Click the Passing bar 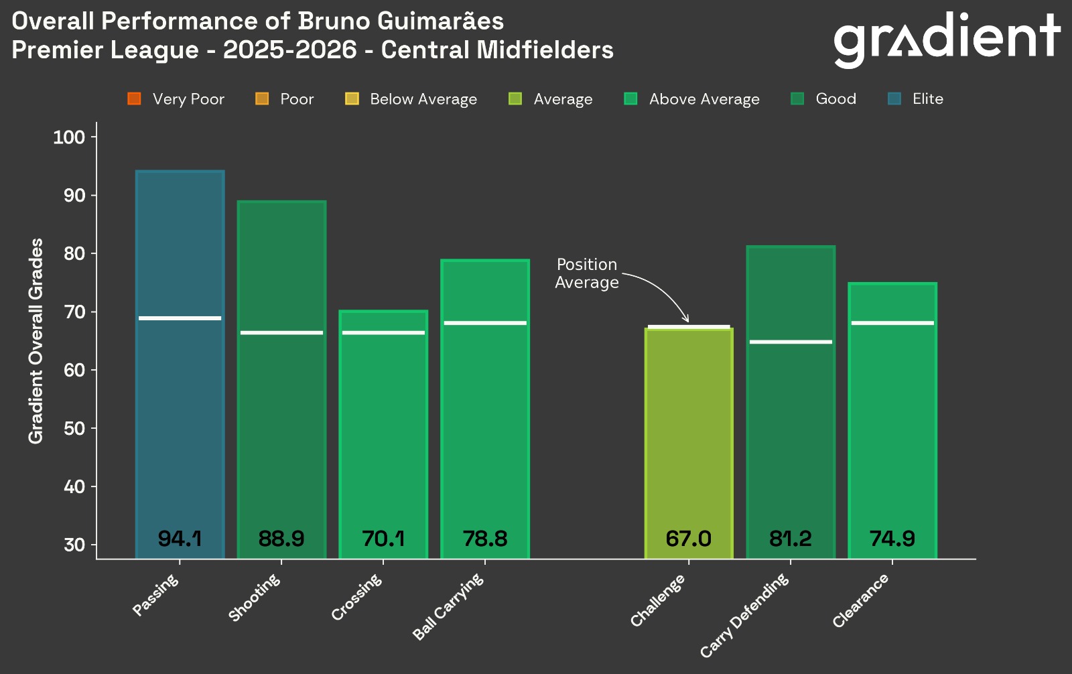[x=180, y=402]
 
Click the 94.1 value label [x=180, y=539]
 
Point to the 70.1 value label [x=383, y=539]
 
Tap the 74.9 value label [x=892, y=539]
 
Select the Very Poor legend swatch [x=134, y=99]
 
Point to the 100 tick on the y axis [x=69, y=137]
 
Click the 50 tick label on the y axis [x=74, y=428]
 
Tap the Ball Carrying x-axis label [x=448, y=607]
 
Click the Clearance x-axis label [x=861, y=601]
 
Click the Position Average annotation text [x=587, y=273]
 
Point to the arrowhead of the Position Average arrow [x=686, y=320]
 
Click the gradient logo [x=946, y=39]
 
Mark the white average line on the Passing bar [x=180, y=318]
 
